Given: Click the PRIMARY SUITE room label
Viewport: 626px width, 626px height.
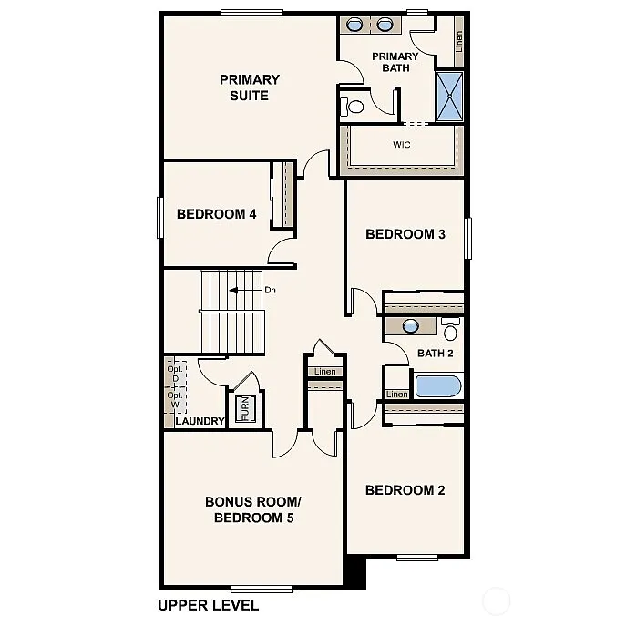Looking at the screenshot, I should (x=249, y=87).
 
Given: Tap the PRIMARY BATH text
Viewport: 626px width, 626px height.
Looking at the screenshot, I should (x=395, y=63).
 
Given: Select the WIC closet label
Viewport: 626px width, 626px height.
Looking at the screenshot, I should (x=401, y=145).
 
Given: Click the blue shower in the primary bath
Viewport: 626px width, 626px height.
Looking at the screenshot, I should (x=449, y=96).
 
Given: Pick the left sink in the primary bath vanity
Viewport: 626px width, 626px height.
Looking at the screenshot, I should (x=359, y=25).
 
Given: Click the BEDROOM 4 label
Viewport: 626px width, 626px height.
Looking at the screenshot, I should (x=216, y=214).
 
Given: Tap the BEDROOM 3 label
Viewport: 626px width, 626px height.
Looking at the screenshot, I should (x=405, y=234).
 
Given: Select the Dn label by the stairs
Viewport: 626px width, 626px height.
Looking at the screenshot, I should (x=270, y=291).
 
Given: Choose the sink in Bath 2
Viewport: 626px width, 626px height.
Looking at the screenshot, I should (x=410, y=326).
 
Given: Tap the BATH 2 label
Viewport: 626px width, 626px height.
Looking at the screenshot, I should (x=435, y=354).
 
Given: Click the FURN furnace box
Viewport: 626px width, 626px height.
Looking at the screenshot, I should (x=243, y=410).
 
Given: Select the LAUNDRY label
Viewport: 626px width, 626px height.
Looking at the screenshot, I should (x=200, y=421).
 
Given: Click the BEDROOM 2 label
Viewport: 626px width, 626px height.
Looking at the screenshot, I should (x=405, y=490).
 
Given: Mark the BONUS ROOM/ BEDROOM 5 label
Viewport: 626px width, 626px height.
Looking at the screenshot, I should (x=252, y=510).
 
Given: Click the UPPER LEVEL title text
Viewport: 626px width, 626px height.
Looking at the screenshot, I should (x=208, y=605).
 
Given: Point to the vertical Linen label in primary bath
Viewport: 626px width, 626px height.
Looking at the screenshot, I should (x=459, y=40).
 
